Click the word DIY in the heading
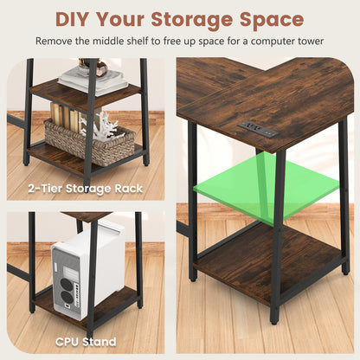(x=77, y=19)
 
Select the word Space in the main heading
(x=272, y=19)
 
